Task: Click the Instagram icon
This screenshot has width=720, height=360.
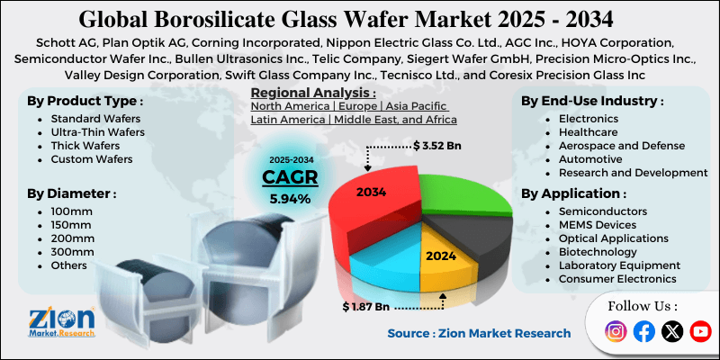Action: click(616, 332)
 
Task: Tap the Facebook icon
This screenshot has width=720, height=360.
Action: click(643, 332)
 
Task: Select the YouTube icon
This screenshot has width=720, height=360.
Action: click(699, 332)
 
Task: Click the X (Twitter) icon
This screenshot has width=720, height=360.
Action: click(671, 332)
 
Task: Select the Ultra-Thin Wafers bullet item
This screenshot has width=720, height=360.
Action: click(98, 132)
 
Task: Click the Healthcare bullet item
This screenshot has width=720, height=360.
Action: click(589, 132)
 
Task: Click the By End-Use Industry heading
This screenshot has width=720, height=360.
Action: click(592, 101)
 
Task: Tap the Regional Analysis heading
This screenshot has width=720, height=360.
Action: click(312, 93)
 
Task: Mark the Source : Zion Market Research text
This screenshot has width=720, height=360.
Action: click(479, 333)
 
